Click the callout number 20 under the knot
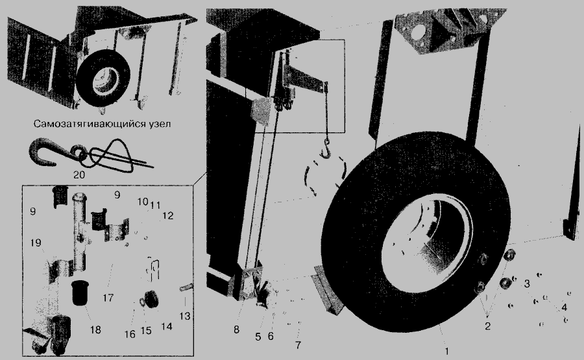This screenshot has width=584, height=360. point(79,174)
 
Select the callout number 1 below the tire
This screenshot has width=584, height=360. point(447,351)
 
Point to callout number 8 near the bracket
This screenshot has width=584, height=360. point(236,330)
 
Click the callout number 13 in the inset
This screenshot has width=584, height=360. point(185,316)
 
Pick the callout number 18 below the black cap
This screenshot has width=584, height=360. point(96,330)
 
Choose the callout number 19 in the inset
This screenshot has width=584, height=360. point(36,243)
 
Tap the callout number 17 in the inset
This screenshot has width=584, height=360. point(108,298)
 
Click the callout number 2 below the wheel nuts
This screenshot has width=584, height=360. point(487,326)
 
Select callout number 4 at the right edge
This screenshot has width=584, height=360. point(564,307)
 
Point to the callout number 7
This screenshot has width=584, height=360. point(298,345)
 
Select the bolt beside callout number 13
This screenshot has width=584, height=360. point(186,288)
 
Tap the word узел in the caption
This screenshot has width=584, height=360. point(159,124)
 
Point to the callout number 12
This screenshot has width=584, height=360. point(168,215)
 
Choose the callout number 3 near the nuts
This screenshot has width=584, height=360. point(527,284)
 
